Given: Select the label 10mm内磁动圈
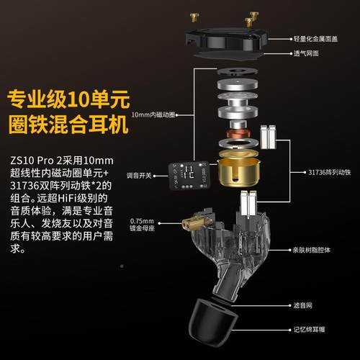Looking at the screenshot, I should pos(154,113).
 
